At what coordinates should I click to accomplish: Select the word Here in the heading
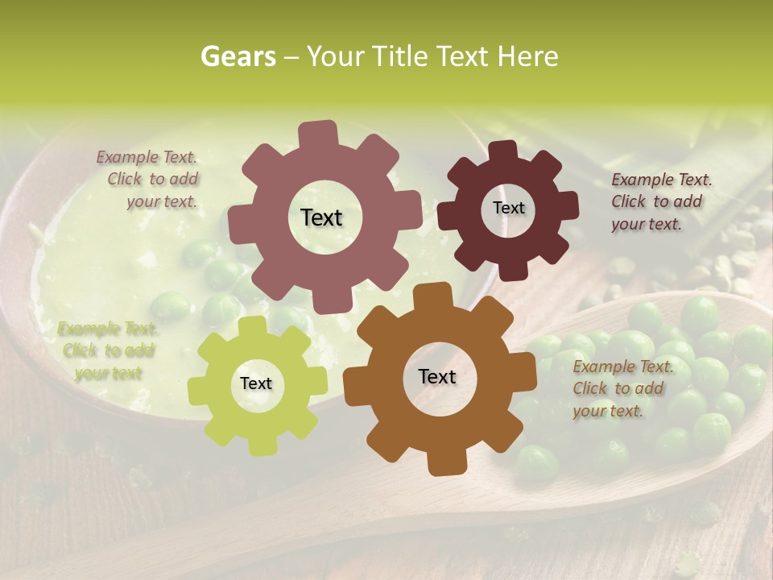click(527, 56)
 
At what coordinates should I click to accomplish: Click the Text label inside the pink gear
click(321, 217)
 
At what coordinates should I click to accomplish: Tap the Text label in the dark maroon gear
click(508, 208)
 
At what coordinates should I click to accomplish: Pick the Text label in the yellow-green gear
click(256, 383)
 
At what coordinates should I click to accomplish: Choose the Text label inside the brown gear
click(437, 376)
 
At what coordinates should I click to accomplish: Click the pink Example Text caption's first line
click(147, 157)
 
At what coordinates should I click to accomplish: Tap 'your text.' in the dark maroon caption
click(646, 224)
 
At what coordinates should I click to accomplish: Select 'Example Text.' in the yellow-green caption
click(108, 329)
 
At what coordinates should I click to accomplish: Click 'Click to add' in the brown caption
click(618, 388)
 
